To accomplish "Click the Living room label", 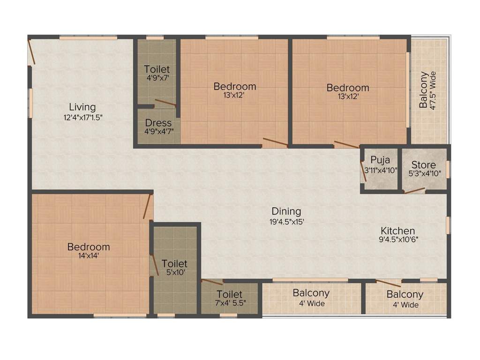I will [82, 107].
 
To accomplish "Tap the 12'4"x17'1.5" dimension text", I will [82, 117].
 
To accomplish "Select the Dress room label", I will [157, 123].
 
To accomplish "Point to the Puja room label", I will [380, 160].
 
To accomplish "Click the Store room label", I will [423, 165].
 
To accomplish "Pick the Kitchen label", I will [397, 231].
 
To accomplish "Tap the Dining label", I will [286, 211].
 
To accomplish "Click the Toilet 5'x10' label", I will [174, 264].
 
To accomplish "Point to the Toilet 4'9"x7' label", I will [157, 69].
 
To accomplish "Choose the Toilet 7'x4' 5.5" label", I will [229, 294].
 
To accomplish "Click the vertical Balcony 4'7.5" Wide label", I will [423, 90].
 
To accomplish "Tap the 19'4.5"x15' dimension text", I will [286, 221].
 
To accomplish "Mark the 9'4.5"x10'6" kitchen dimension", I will [397, 239].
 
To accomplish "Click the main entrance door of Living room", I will [31, 52].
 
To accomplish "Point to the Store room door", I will [414, 191].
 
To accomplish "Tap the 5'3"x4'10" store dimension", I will [423, 173].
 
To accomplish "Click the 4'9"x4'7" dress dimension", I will [157, 131].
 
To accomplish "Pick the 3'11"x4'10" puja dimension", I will [380, 171].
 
